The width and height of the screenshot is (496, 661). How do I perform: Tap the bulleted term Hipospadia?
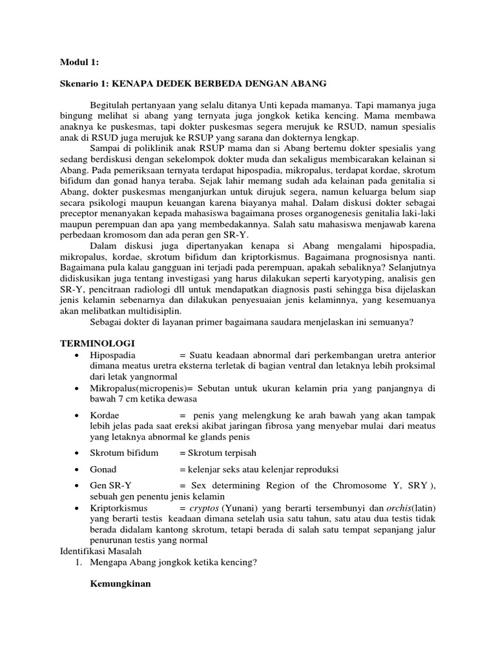115,356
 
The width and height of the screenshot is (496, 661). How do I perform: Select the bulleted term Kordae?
105,414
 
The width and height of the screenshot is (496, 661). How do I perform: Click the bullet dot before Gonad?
77,469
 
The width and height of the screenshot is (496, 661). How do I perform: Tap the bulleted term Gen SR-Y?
111,485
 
